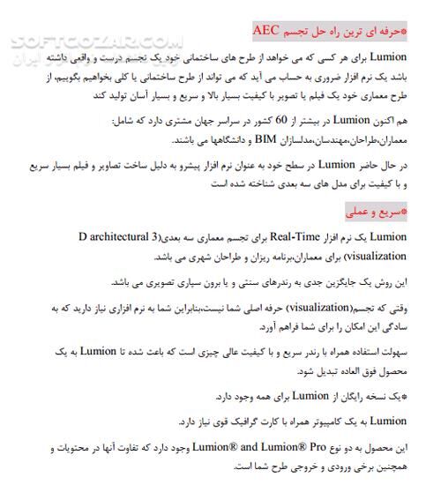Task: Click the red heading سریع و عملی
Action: point(377,213)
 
